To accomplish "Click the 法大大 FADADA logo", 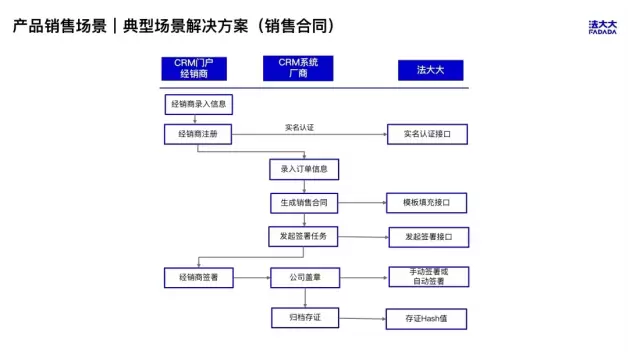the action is pyautogui.click(x=602, y=27).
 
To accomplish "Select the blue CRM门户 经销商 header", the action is pyautogui.click(x=194, y=68).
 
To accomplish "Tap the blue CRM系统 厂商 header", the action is pyautogui.click(x=298, y=68).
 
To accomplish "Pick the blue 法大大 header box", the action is pyautogui.click(x=431, y=70).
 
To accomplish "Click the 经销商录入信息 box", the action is pyautogui.click(x=199, y=105).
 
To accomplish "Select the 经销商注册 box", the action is pyautogui.click(x=198, y=134).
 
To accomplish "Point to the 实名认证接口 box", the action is pyautogui.click(x=427, y=134).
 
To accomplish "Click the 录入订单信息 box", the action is pyautogui.click(x=304, y=169).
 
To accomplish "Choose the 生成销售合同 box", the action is pyautogui.click(x=304, y=203).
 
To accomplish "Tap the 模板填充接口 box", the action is pyautogui.click(x=427, y=203).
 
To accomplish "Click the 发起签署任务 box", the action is pyautogui.click(x=303, y=236).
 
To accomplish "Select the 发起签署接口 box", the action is pyautogui.click(x=429, y=237).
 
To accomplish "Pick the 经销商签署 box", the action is pyautogui.click(x=199, y=278).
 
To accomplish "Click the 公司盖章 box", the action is pyautogui.click(x=305, y=278).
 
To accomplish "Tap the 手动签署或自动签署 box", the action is pyautogui.click(x=429, y=277).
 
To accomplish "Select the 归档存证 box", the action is pyautogui.click(x=305, y=318).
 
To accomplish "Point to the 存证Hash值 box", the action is pyautogui.click(x=426, y=319).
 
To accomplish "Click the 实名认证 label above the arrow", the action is pyautogui.click(x=300, y=128).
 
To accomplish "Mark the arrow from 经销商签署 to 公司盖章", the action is pyautogui.click(x=252, y=278).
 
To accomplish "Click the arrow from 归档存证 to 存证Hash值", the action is pyautogui.click(x=362, y=319).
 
